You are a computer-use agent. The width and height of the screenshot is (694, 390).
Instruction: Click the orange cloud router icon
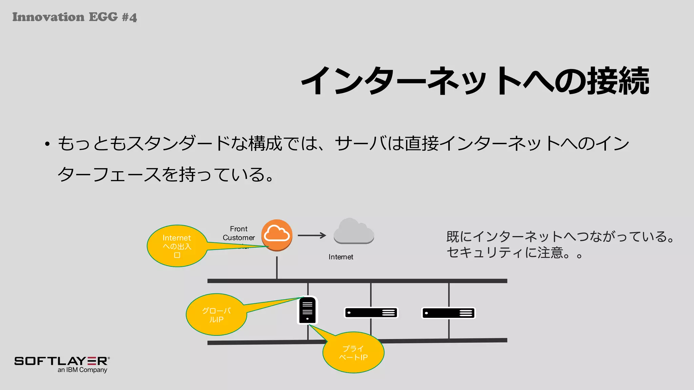click(x=277, y=235)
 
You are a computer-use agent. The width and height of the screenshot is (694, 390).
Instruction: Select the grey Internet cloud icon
click(x=353, y=232)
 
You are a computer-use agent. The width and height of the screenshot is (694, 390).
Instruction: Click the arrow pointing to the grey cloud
click(x=312, y=235)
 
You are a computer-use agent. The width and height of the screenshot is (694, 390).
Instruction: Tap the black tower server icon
click(x=307, y=310)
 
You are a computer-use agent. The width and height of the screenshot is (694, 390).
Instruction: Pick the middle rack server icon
click(x=371, y=312)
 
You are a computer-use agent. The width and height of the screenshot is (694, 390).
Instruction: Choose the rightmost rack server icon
click(x=448, y=313)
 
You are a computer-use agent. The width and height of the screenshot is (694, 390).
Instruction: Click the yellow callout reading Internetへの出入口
click(x=177, y=246)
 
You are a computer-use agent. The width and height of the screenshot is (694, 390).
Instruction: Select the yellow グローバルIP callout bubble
click(x=216, y=315)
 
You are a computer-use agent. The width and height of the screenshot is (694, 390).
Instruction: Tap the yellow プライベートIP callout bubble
click(x=353, y=353)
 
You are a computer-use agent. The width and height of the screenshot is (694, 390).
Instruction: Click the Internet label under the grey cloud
click(x=341, y=257)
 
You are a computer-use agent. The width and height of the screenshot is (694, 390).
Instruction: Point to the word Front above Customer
click(x=239, y=229)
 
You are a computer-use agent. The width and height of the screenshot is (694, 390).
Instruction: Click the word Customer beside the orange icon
click(x=239, y=238)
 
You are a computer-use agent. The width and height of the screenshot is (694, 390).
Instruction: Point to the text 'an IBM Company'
click(x=82, y=370)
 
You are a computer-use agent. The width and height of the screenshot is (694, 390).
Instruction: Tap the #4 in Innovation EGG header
click(x=129, y=17)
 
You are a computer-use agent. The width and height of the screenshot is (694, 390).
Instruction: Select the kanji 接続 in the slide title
click(x=618, y=81)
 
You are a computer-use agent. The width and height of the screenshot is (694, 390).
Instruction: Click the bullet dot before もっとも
click(x=47, y=144)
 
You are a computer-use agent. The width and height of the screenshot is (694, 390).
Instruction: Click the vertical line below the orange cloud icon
click(x=277, y=267)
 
